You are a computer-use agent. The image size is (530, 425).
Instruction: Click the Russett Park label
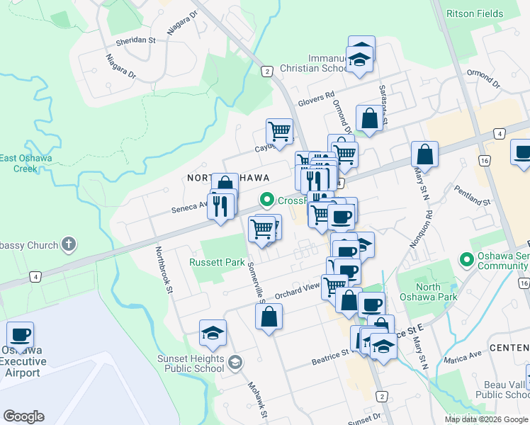217,262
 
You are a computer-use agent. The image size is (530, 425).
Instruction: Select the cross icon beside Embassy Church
69,245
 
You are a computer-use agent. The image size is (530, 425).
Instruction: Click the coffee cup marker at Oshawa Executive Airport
20,334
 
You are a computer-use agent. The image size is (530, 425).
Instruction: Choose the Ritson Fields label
475,13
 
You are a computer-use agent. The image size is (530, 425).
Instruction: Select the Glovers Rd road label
315,98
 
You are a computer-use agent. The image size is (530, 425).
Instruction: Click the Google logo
23,416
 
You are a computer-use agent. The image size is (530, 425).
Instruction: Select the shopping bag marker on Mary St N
424,154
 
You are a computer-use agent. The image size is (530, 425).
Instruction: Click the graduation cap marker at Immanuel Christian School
361,59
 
